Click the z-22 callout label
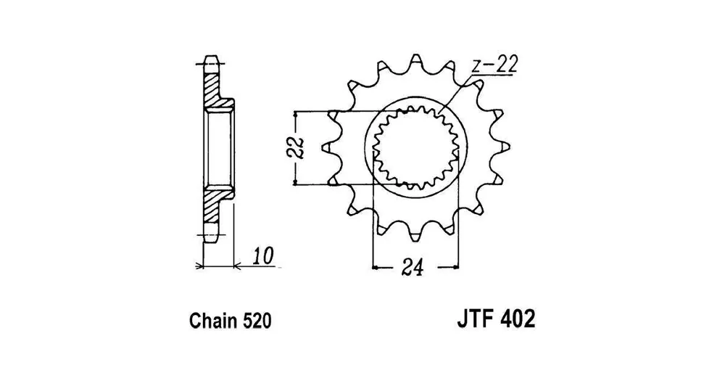click(x=494, y=65)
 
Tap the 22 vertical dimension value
click(x=298, y=148)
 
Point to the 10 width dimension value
click(x=263, y=256)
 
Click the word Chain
click(x=210, y=321)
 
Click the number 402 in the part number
click(x=518, y=319)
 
